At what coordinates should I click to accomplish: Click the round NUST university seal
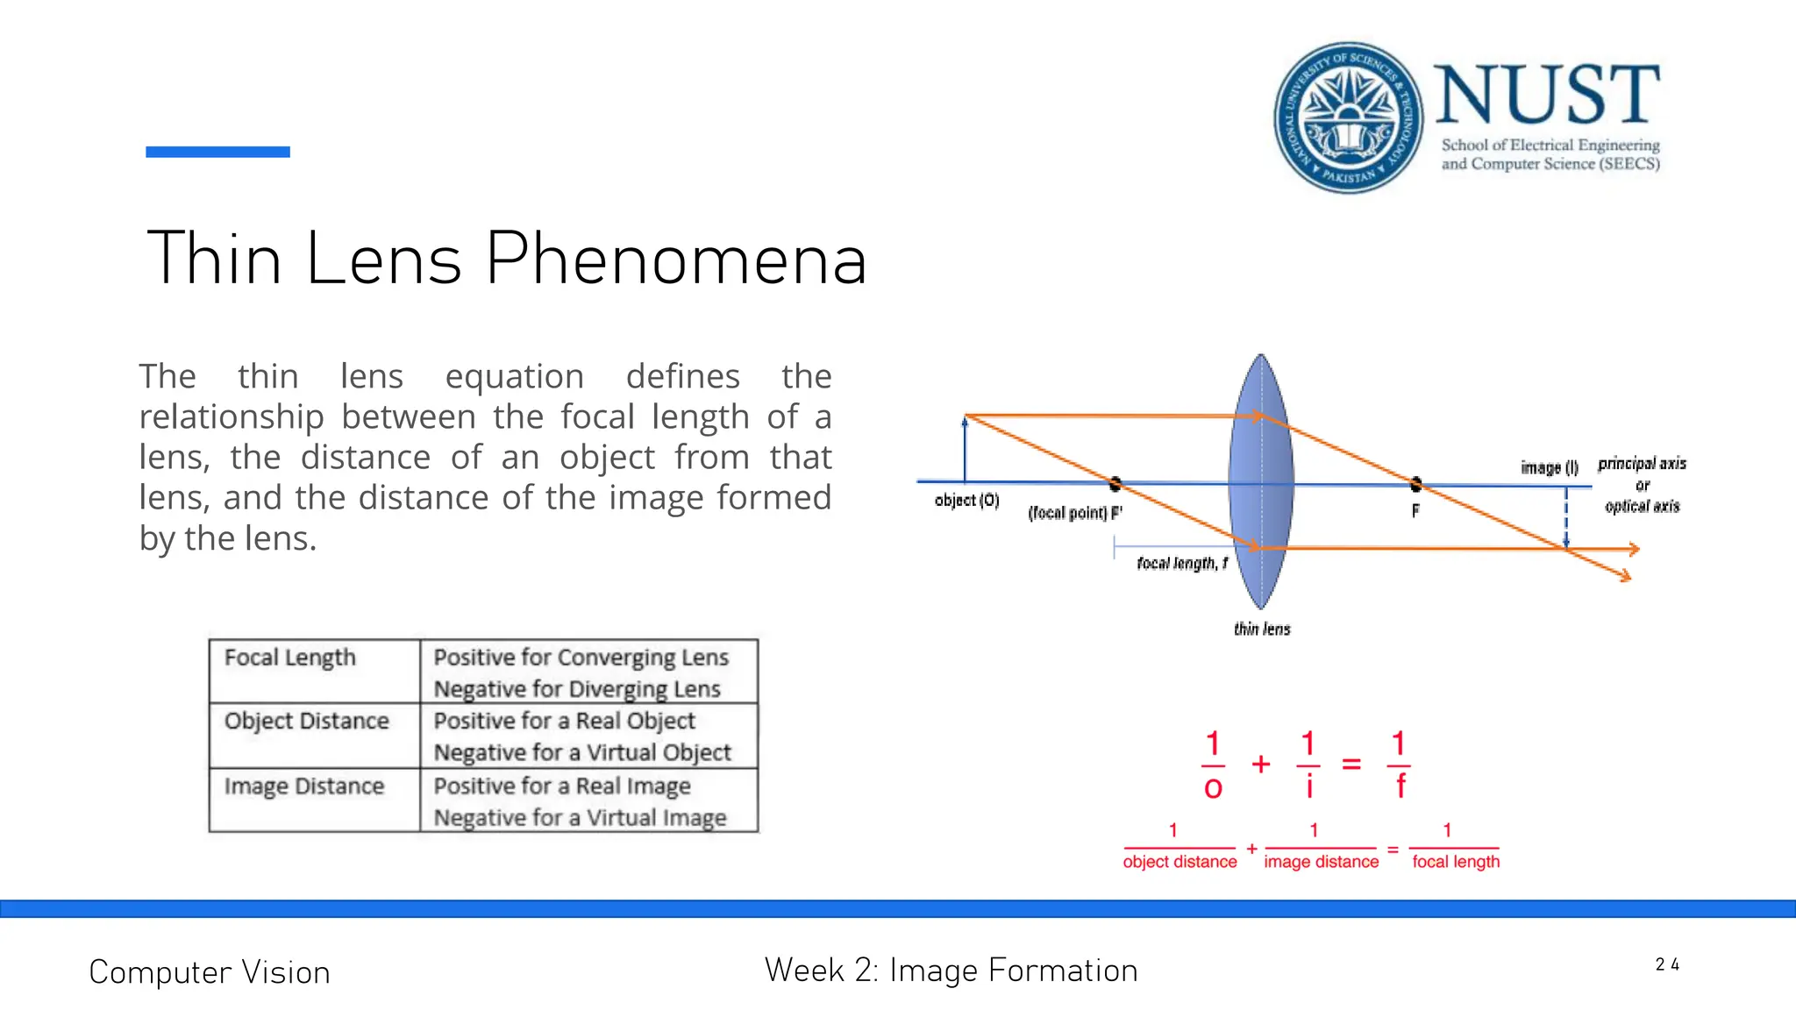pyautogui.click(x=1349, y=117)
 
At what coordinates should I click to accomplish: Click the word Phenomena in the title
pyautogui.click(x=676, y=260)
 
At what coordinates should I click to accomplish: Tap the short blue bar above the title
pyautogui.click(x=217, y=152)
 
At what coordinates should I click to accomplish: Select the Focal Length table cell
pyautogui.click(x=290, y=658)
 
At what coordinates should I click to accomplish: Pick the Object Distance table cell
pyautogui.click(x=306, y=721)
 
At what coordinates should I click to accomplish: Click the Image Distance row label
pyautogui.click(x=304, y=786)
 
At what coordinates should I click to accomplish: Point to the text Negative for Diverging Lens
pyautogui.click(x=577, y=689)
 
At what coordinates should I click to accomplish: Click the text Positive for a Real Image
pyautogui.click(x=562, y=786)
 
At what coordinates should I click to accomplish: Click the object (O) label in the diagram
pyautogui.click(x=966, y=501)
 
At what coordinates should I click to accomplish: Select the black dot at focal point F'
pyautogui.click(x=1115, y=483)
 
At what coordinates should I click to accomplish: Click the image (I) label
pyautogui.click(x=1549, y=467)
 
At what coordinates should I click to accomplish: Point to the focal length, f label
pyautogui.click(x=1181, y=563)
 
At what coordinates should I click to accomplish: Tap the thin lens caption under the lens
pyautogui.click(x=1261, y=629)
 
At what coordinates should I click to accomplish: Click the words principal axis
pyautogui.click(x=1642, y=463)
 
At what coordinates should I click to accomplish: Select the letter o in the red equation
pyautogui.click(x=1213, y=787)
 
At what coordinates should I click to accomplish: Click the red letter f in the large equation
pyautogui.click(x=1400, y=786)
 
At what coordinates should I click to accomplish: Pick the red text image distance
pyautogui.click(x=1321, y=862)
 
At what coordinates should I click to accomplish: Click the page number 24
pyautogui.click(x=1667, y=964)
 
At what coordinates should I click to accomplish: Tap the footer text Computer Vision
pyautogui.click(x=210, y=972)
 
